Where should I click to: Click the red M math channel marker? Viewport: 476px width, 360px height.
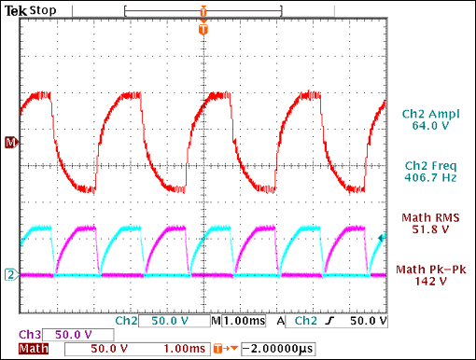click(x=11, y=142)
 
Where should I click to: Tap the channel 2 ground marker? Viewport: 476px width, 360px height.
click(x=11, y=274)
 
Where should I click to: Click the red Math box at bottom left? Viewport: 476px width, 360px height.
click(x=29, y=350)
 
